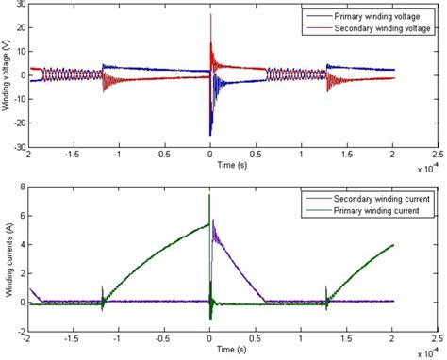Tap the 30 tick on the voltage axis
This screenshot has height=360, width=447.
20,8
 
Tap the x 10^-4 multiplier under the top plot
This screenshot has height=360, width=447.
427,170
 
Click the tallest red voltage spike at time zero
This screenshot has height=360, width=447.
210,15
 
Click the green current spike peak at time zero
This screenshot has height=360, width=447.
209,195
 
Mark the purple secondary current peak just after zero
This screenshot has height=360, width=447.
214,221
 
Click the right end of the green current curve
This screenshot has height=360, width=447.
391,245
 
